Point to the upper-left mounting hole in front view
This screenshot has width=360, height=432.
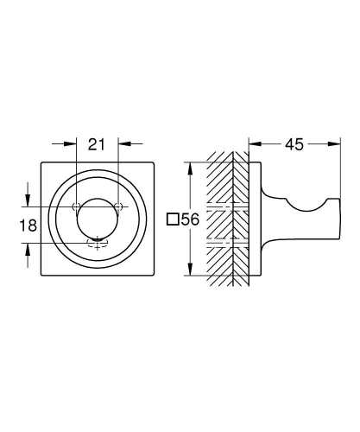(76, 206)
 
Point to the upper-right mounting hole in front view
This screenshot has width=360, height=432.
(118, 206)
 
